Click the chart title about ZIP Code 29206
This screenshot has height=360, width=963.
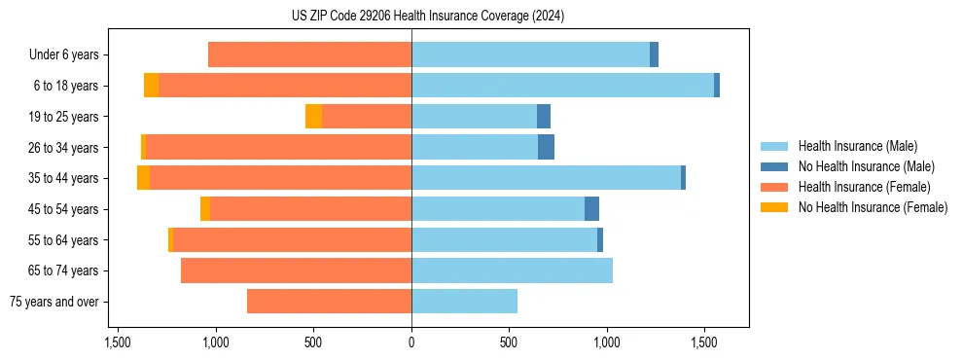click(427, 16)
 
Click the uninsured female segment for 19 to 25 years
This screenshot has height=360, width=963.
click(313, 117)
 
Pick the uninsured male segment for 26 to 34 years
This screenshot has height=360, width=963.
click(546, 147)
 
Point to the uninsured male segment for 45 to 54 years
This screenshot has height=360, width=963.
click(591, 209)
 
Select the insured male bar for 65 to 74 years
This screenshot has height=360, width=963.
click(512, 270)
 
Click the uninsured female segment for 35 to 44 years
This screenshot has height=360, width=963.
click(143, 178)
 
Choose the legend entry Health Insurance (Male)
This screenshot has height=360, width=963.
click(857, 146)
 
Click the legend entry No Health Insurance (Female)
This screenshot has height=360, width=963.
click(873, 207)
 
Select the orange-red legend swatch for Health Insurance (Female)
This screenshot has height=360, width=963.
click(774, 187)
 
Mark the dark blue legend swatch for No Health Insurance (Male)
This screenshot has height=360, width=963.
click(774, 166)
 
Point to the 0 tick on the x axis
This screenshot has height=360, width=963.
click(411, 343)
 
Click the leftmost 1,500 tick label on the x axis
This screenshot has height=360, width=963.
click(118, 343)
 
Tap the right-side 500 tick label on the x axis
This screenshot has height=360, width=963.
click(509, 343)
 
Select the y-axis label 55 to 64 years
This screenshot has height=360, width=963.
click(63, 240)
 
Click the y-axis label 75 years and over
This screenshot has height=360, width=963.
click(53, 302)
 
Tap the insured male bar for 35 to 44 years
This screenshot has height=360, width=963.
click(546, 178)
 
